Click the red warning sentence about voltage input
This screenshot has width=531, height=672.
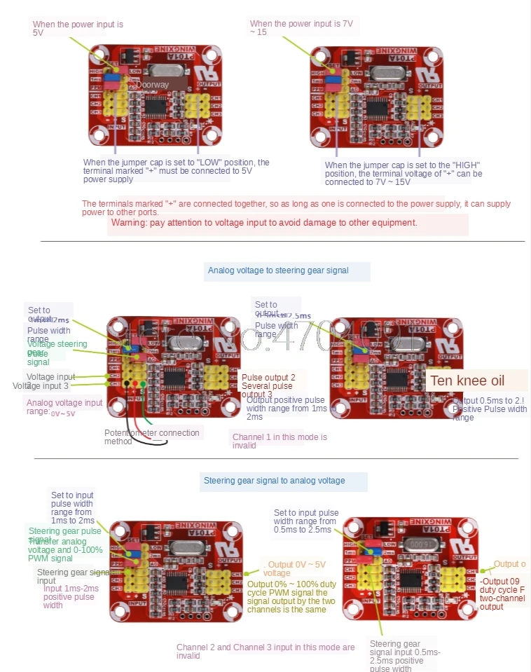click(263, 223)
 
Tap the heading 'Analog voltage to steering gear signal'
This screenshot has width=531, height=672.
click(278, 270)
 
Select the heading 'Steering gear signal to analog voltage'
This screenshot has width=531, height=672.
click(274, 481)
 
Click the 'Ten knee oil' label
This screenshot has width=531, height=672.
click(467, 381)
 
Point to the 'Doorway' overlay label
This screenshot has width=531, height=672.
click(152, 85)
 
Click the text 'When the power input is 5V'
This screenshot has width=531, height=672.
click(78, 29)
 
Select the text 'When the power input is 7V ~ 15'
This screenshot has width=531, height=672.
click(301, 28)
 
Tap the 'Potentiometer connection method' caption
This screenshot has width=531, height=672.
click(152, 437)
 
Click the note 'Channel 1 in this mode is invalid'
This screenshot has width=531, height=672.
click(280, 441)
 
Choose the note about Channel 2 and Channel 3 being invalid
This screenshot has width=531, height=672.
click(265, 652)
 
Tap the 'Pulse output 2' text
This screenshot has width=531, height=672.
click(268, 378)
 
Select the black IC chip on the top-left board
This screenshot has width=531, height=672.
click(155, 107)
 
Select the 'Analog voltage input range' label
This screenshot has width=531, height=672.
click(64, 407)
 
